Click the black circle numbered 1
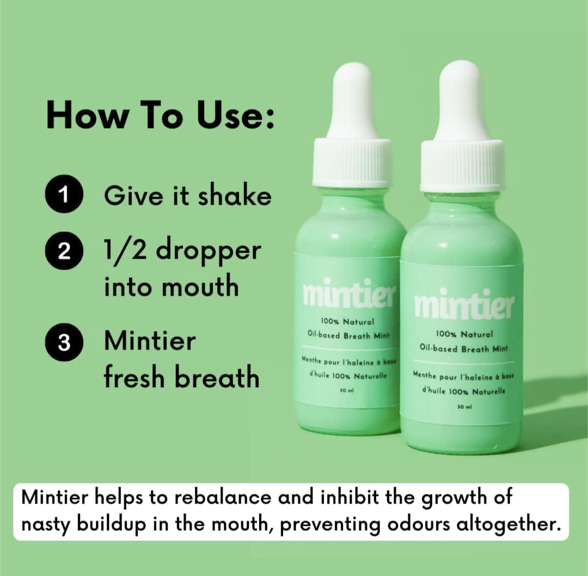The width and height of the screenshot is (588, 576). (64, 194)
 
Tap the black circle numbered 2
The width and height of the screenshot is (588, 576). (64, 251)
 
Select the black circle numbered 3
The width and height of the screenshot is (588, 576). (64, 342)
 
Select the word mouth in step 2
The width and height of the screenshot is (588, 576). (200, 286)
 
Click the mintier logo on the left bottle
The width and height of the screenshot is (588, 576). (349, 295)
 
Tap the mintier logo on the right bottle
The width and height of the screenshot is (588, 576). (464, 304)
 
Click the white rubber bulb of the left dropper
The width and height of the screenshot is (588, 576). (354, 101)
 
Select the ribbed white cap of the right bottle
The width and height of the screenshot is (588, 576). (462, 165)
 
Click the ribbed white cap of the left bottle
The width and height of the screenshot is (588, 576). (353, 162)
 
